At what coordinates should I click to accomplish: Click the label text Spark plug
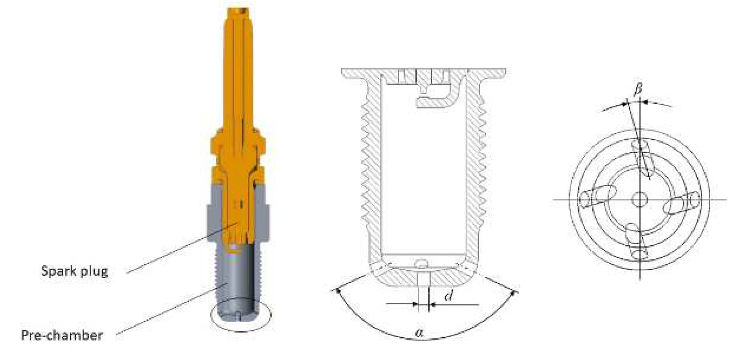(74, 271)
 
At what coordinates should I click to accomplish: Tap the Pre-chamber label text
(62, 335)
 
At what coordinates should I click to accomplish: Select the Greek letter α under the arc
(419, 333)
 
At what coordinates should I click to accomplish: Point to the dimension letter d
(448, 295)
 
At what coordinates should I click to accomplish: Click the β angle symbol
(638, 90)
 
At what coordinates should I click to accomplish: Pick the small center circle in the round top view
(640, 199)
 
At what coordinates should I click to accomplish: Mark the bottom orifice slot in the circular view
(636, 241)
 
